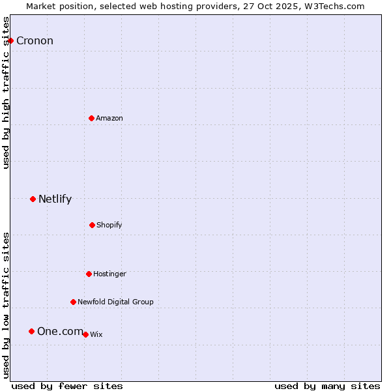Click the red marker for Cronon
[x=10, y=40]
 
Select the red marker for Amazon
[x=91, y=118]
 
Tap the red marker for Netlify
[x=33, y=199]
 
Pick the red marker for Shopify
[x=92, y=225]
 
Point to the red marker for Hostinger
[x=89, y=274]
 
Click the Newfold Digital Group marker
[x=73, y=302]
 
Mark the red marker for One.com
[x=31, y=331]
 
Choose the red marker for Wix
[x=85, y=334]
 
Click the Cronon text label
[x=35, y=41]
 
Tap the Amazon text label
[x=109, y=118]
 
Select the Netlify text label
[x=55, y=199]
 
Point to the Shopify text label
[x=109, y=225]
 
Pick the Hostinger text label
[x=109, y=274]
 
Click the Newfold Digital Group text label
[x=115, y=302]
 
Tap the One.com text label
[x=60, y=332]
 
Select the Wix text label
[x=96, y=334]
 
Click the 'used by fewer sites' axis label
[x=67, y=386]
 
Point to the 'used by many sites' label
[x=327, y=386]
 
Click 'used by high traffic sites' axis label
[x=6, y=93]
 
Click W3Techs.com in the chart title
[x=337, y=6]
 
